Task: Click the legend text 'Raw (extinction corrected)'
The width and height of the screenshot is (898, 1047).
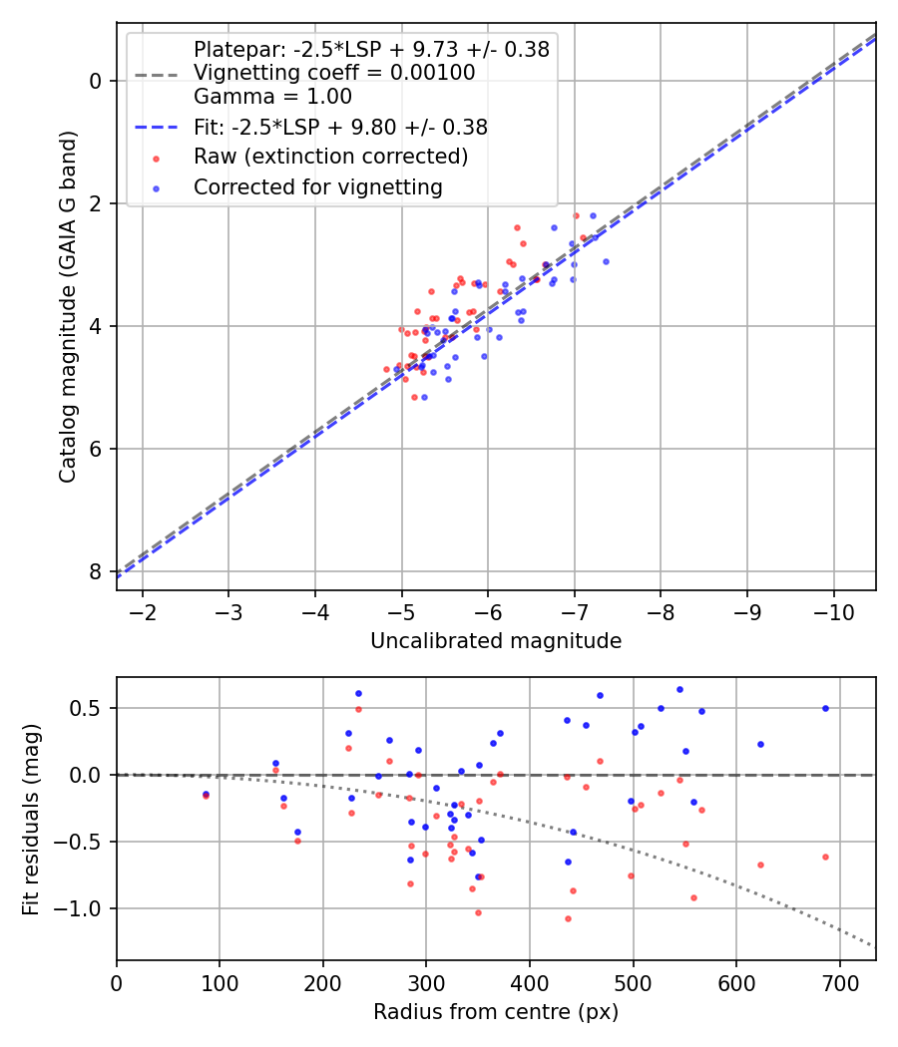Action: (330, 157)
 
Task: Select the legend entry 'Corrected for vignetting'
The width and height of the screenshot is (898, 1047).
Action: (318, 186)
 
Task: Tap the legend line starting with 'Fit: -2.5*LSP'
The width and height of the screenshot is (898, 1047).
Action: (340, 127)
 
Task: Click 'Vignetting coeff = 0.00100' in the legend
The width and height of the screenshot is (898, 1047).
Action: (334, 73)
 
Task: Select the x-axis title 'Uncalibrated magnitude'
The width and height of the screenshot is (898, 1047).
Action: (496, 641)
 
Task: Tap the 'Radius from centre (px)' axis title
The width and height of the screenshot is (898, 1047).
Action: (496, 1012)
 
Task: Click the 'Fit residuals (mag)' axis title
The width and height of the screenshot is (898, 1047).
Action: (32, 818)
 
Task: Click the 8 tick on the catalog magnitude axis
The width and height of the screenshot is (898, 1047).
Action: (97, 571)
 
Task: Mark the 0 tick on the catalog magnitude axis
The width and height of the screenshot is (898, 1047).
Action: (97, 80)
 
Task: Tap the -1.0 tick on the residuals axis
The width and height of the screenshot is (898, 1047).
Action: (85, 908)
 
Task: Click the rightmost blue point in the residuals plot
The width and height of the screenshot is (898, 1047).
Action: (825, 708)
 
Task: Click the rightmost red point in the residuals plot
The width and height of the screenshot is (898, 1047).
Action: (825, 857)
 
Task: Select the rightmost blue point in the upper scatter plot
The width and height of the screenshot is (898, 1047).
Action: (606, 261)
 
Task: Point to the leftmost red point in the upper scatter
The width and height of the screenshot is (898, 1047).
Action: (386, 369)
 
